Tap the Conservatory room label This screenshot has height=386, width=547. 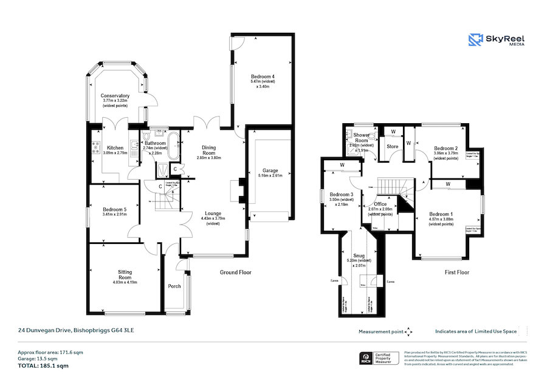[115, 96]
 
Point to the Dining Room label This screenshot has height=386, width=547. [208, 149]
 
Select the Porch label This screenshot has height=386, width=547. [174, 286]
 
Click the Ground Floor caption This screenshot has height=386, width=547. [235, 273]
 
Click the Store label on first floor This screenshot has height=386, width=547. [392, 146]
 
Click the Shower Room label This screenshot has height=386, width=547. [361, 138]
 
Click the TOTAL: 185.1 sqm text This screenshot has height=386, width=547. [42, 366]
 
